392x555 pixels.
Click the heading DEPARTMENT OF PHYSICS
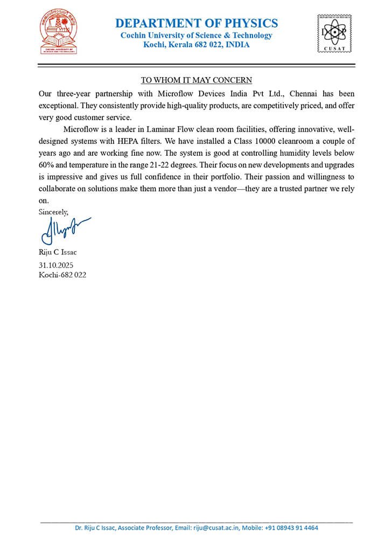(197, 23)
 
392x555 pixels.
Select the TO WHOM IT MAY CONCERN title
(197, 80)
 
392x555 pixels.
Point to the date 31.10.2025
(56, 265)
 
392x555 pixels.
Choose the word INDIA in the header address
(237, 45)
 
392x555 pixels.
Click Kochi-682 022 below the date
(62, 275)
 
